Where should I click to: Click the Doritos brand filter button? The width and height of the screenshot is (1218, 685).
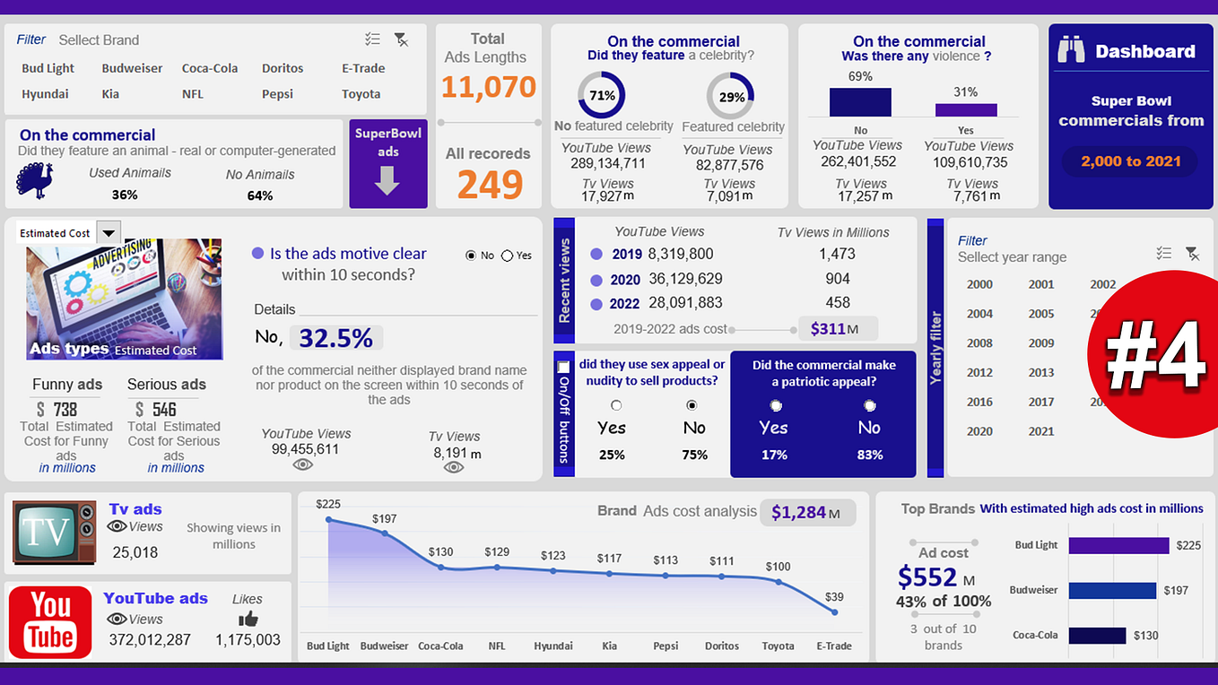click(283, 68)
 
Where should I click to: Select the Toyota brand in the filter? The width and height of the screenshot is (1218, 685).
click(361, 94)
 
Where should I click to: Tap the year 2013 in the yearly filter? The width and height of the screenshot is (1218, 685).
click(1041, 372)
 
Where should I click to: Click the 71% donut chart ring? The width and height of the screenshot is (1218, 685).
click(602, 96)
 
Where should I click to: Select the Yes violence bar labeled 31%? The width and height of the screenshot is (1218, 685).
click(966, 109)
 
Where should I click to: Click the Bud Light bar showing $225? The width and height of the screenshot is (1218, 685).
click(1118, 545)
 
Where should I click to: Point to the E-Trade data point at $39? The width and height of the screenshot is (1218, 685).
click(835, 612)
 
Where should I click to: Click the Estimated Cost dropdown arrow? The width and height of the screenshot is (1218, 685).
click(108, 233)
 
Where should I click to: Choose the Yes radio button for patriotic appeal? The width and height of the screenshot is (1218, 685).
click(776, 406)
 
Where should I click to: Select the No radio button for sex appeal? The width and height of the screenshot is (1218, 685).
click(692, 406)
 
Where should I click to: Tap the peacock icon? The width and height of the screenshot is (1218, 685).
click(34, 180)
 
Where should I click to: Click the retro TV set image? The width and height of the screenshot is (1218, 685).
click(54, 533)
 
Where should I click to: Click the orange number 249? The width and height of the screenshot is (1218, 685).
click(490, 185)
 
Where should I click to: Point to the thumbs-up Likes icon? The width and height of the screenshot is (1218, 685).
click(248, 619)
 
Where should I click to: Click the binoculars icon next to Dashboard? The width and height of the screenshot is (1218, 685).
click(1071, 50)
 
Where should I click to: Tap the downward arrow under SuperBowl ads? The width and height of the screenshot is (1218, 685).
click(387, 179)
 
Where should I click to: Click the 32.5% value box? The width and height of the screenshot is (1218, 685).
click(336, 338)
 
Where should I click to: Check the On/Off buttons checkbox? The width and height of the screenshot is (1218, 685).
click(563, 368)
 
